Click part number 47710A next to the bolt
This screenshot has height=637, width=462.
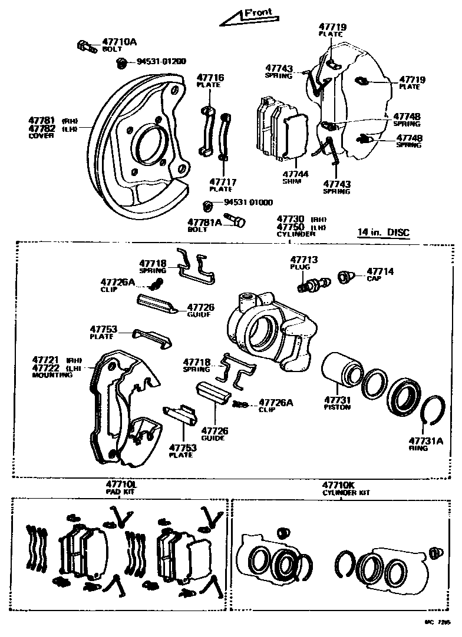click(x=119, y=42)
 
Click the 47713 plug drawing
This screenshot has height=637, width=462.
click(x=313, y=284)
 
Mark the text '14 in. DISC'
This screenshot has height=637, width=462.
click(x=383, y=232)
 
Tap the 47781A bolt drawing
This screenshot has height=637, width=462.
click(x=238, y=222)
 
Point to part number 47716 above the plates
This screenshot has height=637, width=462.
click(x=210, y=78)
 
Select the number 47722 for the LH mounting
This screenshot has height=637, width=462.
click(x=44, y=368)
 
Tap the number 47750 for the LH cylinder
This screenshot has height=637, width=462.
click(x=290, y=227)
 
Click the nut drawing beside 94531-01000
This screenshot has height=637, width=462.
click(x=207, y=205)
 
